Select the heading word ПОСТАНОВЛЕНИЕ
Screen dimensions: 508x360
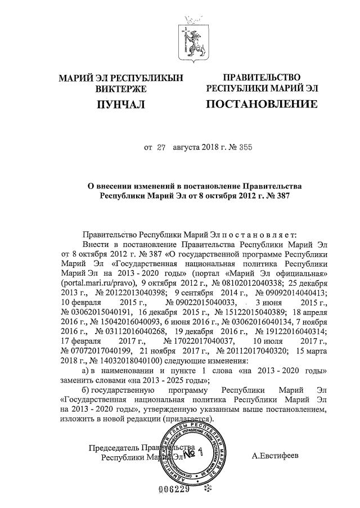point(262,104)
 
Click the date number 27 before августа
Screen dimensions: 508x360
point(161,149)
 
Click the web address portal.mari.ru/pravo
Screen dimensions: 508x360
point(95,282)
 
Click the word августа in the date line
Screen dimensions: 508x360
point(190,149)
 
